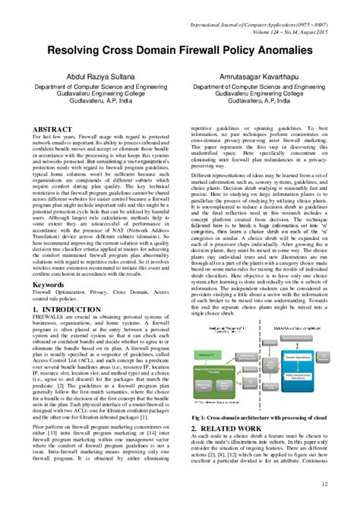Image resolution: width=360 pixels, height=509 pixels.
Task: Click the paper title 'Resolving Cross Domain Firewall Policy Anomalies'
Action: [179, 50]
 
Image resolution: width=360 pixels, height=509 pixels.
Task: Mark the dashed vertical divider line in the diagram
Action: [259, 365]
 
